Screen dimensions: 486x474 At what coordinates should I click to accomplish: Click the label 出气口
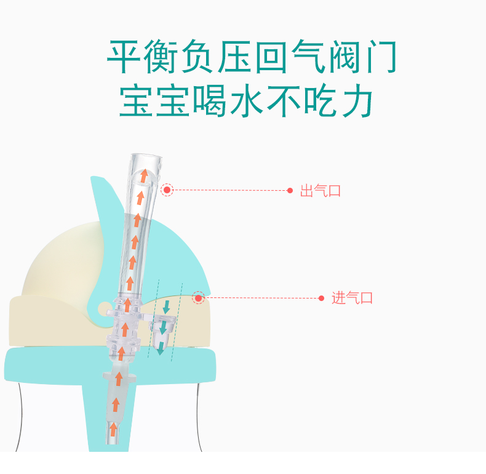(x=320, y=191)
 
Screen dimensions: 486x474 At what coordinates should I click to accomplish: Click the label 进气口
(x=353, y=299)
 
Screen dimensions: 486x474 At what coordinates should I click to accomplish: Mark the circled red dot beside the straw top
(x=167, y=190)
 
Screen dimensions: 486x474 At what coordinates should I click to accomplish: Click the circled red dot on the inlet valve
(x=198, y=298)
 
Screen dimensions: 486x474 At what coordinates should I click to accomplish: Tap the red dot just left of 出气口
(x=290, y=191)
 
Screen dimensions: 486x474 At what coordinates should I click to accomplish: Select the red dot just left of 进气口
(x=321, y=299)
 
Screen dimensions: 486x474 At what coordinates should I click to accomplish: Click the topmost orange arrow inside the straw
(x=144, y=177)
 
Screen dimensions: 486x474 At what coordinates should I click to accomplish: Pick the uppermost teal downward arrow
(x=166, y=307)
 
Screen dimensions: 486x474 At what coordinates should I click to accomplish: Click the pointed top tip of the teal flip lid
(x=92, y=179)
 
